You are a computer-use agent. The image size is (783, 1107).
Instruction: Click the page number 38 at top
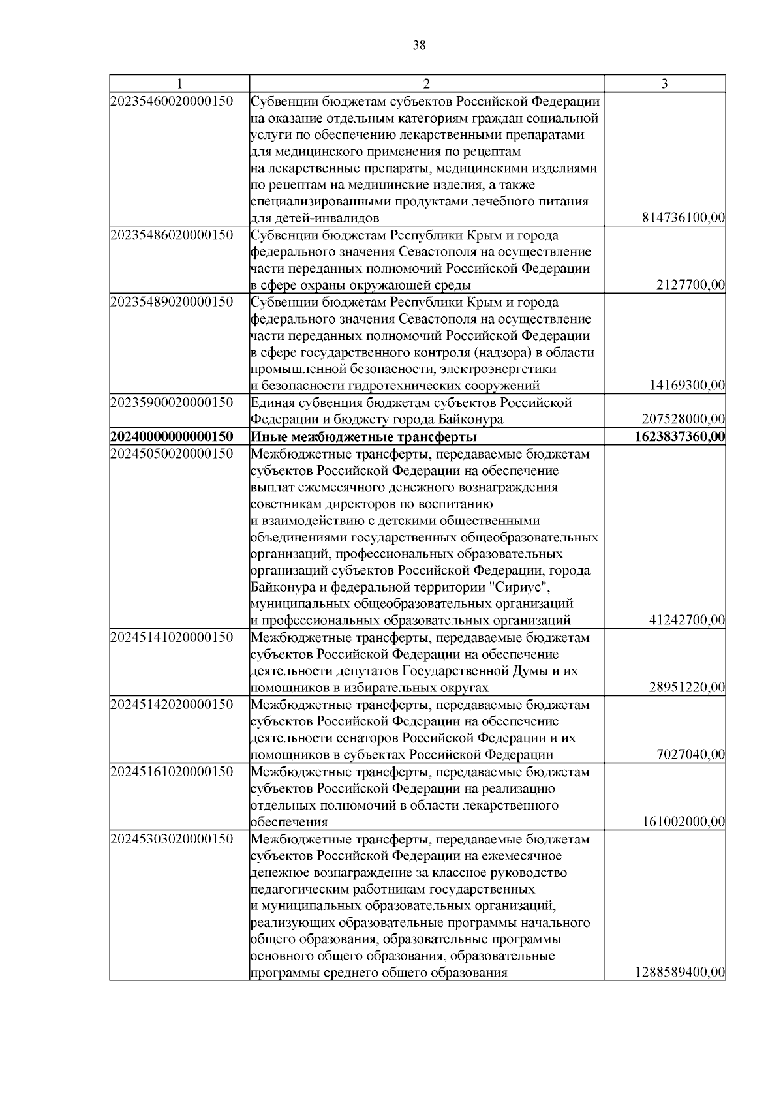click(x=420, y=45)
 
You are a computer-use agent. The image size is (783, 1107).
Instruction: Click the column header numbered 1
click(x=179, y=83)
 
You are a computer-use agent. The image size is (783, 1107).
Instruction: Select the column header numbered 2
click(x=427, y=83)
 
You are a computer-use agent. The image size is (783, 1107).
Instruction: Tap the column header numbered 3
click(x=664, y=83)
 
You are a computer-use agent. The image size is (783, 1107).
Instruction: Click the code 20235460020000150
click(x=172, y=102)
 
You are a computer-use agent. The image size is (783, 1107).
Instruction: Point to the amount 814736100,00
click(x=684, y=218)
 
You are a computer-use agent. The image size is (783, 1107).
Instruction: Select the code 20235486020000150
click(x=172, y=235)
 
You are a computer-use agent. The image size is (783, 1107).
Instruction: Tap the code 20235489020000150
click(x=172, y=302)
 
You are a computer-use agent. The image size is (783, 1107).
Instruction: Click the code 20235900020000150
click(x=172, y=402)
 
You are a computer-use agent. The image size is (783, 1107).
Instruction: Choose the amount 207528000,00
click(x=684, y=419)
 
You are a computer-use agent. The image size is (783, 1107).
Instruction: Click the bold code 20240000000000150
click(x=172, y=436)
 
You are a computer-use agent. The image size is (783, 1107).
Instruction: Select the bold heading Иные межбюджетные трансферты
click(x=363, y=436)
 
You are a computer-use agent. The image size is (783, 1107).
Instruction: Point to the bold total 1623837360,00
click(x=679, y=436)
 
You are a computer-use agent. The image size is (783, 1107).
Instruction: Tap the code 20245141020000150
click(x=172, y=637)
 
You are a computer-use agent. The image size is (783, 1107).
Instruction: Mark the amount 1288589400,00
click(x=679, y=973)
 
